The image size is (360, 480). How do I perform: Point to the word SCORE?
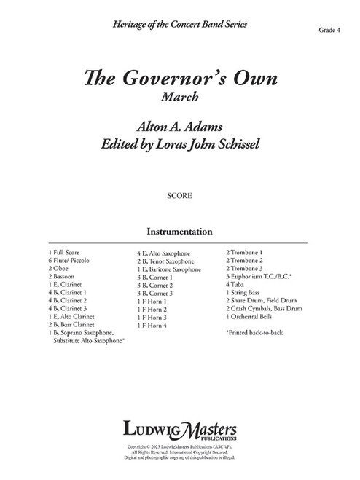point(179,196)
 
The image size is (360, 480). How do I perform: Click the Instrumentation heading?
point(179,231)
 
